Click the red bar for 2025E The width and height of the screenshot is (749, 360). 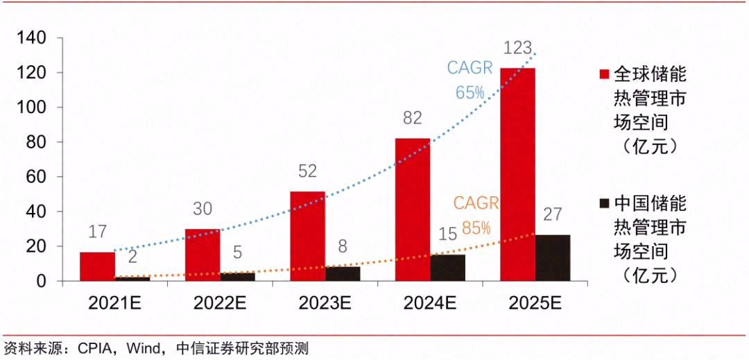pyautogui.click(x=517, y=174)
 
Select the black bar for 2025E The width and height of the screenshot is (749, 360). pyautogui.click(x=553, y=258)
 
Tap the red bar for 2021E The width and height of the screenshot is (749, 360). pyautogui.click(x=97, y=266)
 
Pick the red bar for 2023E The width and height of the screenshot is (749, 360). pyautogui.click(x=307, y=236)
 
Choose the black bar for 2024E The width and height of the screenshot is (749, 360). pyautogui.click(x=447, y=268)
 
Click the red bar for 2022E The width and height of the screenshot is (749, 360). pyautogui.click(x=202, y=255)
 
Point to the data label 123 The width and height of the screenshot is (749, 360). pyautogui.click(x=517, y=49)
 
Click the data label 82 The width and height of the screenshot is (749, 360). pyautogui.click(x=412, y=119)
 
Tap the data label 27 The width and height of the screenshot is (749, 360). pyautogui.click(x=553, y=214)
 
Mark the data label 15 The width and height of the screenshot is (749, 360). pyautogui.click(x=447, y=234)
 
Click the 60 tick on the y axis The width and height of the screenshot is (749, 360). pyautogui.click(x=36, y=177)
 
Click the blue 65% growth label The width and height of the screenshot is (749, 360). pyautogui.click(x=470, y=92)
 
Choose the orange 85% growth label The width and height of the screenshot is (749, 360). pyautogui.click(x=476, y=228)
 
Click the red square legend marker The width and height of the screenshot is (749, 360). pyautogui.click(x=603, y=74)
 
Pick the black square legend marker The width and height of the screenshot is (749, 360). pyautogui.click(x=603, y=203)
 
